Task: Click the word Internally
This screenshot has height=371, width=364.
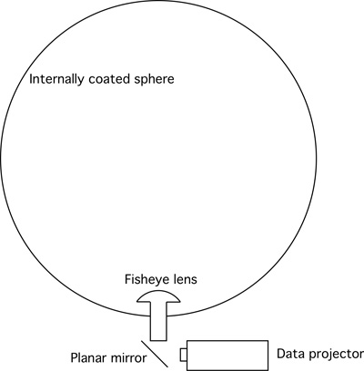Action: point(56,80)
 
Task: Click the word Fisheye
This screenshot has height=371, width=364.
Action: point(144,280)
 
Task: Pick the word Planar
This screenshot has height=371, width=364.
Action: point(88,358)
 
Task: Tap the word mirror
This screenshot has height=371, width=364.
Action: point(128,358)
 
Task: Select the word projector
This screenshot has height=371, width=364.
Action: point(334,355)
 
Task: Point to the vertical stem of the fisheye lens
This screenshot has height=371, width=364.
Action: point(158,321)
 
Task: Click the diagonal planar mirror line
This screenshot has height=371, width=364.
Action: point(155,354)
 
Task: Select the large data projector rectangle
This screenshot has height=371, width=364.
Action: point(227,356)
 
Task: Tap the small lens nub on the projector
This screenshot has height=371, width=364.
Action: point(183,355)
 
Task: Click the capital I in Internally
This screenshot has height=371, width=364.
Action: point(31,79)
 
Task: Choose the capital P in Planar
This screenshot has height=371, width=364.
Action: point(75,358)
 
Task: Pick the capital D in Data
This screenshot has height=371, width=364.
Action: point(281,354)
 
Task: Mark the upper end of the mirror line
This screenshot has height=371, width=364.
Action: point(142,341)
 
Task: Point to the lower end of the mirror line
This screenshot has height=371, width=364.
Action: point(167,366)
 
